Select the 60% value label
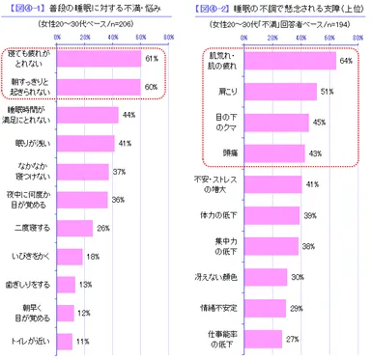(150, 87)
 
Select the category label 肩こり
(218, 92)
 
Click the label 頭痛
(218, 152)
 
